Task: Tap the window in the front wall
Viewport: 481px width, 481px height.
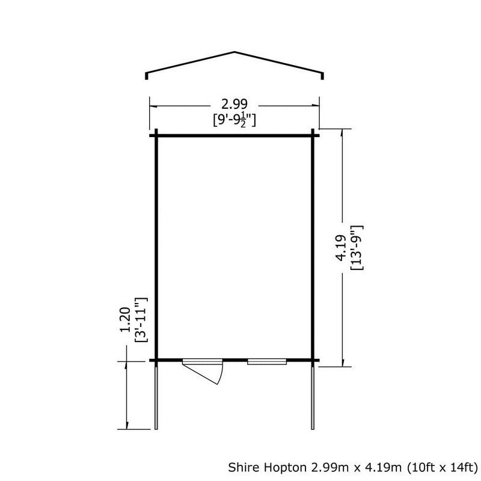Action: (x=266, y=361)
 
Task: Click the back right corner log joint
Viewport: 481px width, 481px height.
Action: (x=313, y=135)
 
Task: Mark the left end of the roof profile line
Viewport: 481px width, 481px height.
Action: (x=147, y=76)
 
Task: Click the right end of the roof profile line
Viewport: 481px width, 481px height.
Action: (x=323, y=76)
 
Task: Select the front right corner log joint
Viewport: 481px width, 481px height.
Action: (x=313, y=361)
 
